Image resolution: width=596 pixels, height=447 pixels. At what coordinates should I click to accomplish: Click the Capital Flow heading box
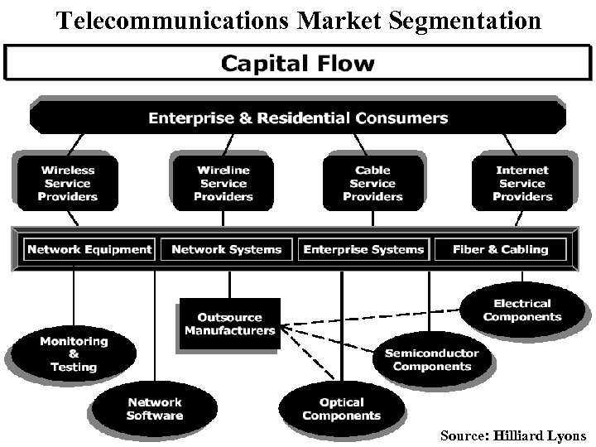coord(297,63)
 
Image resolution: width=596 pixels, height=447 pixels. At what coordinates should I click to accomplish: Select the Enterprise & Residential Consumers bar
coord(298,118)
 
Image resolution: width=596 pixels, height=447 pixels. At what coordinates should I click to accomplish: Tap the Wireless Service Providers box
coord(68,183)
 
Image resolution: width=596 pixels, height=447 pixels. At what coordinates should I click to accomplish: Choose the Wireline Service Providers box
coord(223,183)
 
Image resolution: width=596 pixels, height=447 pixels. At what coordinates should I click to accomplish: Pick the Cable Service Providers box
coord(372,183)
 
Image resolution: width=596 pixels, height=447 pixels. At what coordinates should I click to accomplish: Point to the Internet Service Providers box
coord(522,183)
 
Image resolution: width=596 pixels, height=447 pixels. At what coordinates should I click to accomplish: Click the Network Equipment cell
coord(89,249)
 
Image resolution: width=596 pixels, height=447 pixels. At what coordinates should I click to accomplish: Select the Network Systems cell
coord(226,249)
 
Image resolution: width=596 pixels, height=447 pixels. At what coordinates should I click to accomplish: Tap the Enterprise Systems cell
coord(363,249)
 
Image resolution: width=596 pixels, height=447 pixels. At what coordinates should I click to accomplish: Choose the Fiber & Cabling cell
coord(500,249)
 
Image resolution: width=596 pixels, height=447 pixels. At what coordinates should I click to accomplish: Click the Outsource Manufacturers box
coord(229,324)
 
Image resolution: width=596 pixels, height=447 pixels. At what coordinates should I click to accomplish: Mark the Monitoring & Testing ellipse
coord(73,353)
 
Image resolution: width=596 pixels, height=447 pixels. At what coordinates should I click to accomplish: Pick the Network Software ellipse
coord(154,409)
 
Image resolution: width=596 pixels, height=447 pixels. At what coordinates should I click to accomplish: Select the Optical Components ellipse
coord(341,409)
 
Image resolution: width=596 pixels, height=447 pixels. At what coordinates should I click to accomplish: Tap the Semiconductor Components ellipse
coord(431,359)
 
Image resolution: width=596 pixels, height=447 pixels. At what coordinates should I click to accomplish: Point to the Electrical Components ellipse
coord(521,310)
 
